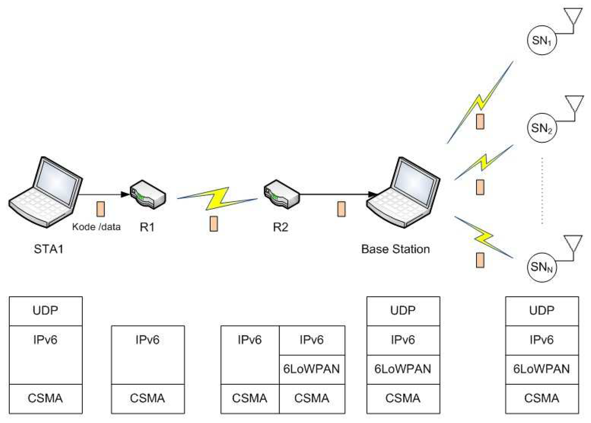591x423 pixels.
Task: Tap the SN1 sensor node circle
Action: pyautogui.click(x=541, y=40)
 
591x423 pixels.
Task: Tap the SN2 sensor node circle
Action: pyautogui.click(x=541, y=128)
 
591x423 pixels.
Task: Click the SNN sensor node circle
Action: pyautogui.click(x=541, y=267)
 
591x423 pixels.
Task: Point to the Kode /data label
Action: pyautogui.click(x=96, y=227)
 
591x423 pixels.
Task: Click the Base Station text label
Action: pyautogui.click(x=395, y=249)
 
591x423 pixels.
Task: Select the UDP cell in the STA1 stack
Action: pyautogui.click(x=46, y=311)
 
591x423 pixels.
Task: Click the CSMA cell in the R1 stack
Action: pyautogui.click(x=148, y=399)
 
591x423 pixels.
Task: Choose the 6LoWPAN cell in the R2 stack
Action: pyautogui.click(x=312, y=369)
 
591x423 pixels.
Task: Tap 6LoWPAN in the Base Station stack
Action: pyautogui.click(x=403, y=369)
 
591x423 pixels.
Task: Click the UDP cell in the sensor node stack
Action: pyautogui.click(x=542, y=311)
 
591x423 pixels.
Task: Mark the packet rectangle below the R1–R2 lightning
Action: pyautogui.click(x=214, y=224)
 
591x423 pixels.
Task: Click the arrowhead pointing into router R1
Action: pyautogui.click(x=125, y=194)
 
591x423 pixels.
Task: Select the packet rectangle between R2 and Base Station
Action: pyautogui.click(x=341, y=209)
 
